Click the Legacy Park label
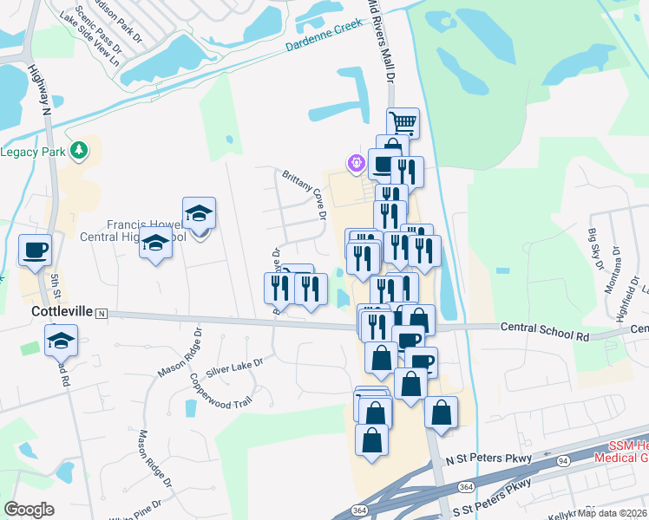(31, 152)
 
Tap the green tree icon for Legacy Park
(79, 151)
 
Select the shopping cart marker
(403, 122)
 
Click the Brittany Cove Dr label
(304, 192)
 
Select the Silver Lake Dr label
(233, 362)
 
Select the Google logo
(29, 510)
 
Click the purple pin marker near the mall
(354, 161)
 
